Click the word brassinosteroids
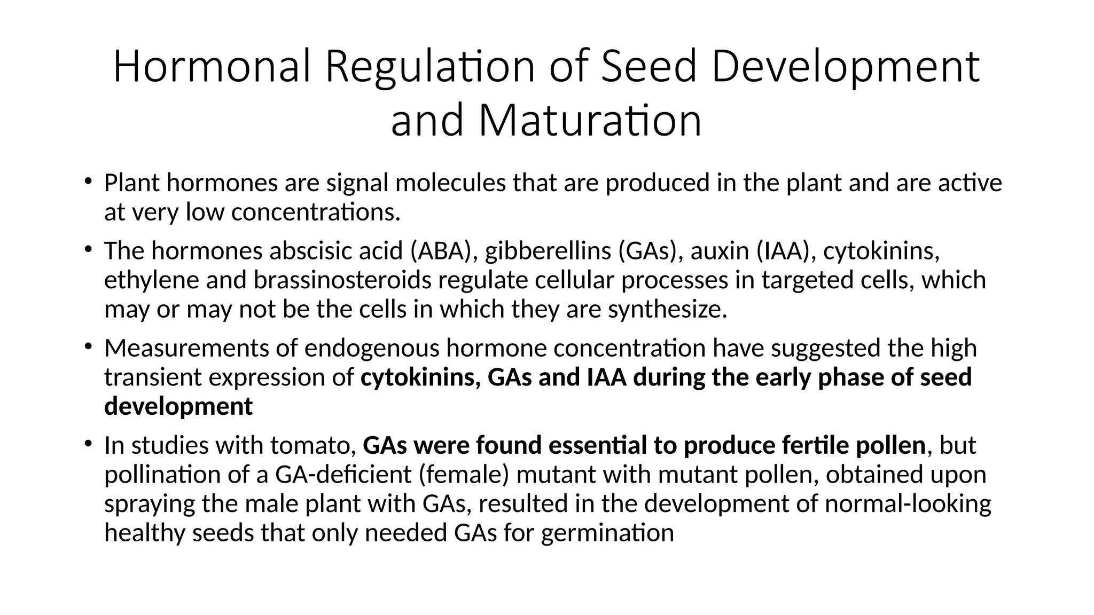pos(342,280)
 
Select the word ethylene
pos(151,280)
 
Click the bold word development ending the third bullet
pos(178,407)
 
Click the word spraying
pos(150,504)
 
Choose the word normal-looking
pos(908,504)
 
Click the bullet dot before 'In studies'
pos(88,444)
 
